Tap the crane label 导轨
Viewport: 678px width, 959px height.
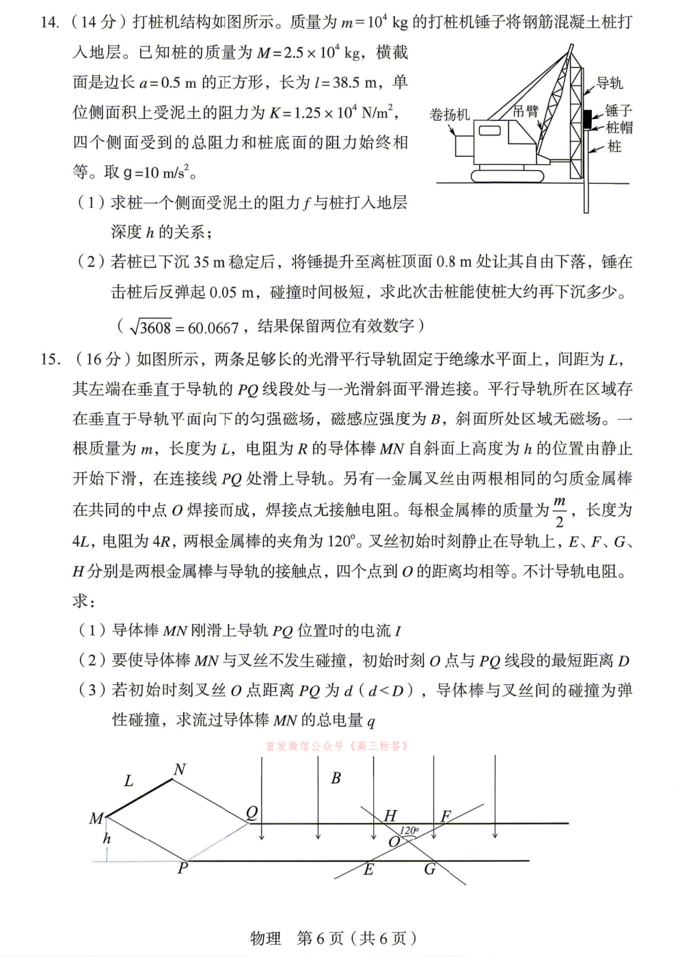609,83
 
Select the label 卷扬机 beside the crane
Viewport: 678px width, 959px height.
449,114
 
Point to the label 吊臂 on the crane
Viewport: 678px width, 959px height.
526,111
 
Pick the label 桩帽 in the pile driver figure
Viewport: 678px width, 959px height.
619,128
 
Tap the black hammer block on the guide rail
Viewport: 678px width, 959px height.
586,117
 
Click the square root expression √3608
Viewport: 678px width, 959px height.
149,327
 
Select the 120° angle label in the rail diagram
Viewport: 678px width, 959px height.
409,831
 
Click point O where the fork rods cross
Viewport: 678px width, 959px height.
394,842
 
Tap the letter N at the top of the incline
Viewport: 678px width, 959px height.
180,770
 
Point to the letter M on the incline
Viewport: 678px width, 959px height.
96,818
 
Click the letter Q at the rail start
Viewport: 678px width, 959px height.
252,813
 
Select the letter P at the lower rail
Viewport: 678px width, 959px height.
182,869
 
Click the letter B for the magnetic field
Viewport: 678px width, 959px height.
336,778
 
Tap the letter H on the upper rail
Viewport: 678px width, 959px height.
390,815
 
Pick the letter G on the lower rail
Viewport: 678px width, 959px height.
430,869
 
